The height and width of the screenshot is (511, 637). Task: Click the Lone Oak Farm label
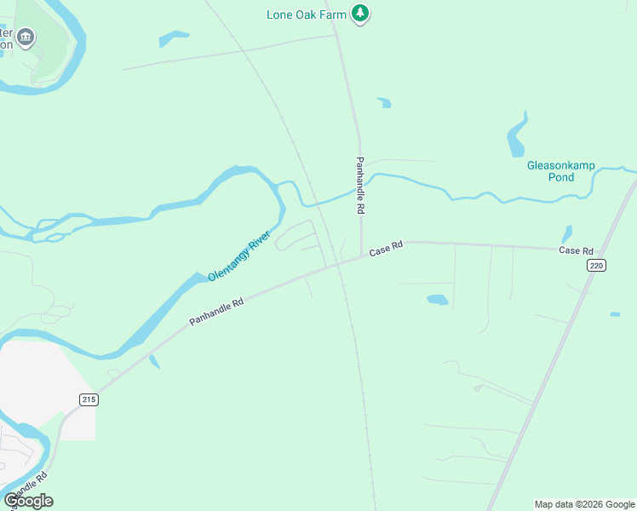coord(307,14)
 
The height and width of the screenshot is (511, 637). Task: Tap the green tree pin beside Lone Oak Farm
coord(361,14)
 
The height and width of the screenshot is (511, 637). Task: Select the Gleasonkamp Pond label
coord(561,171)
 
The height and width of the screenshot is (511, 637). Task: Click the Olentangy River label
coord(239,255)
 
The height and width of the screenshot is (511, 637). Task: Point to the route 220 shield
coord(596,266)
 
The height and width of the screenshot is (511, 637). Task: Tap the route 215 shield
coord(89,399)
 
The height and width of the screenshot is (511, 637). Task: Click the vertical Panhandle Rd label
coord(361,185)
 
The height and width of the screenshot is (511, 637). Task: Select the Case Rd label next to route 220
coord(576,250)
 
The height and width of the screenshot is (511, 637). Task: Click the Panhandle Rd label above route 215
coord(216,311)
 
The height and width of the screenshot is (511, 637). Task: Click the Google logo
coord(28,501)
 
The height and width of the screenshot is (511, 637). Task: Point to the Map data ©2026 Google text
coord(584,504)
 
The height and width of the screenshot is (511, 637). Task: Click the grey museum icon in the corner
coord(26,37)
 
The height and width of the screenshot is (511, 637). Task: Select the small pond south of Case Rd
coord(437,300)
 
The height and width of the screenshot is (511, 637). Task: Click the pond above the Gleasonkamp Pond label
coord(517,137)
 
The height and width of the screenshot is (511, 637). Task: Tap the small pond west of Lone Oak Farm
coord(173,38)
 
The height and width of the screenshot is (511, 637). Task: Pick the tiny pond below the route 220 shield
coord(615,314)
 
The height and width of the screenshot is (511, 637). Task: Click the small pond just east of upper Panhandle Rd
coord(385,103)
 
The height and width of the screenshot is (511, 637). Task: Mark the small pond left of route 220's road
coord(566,233)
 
